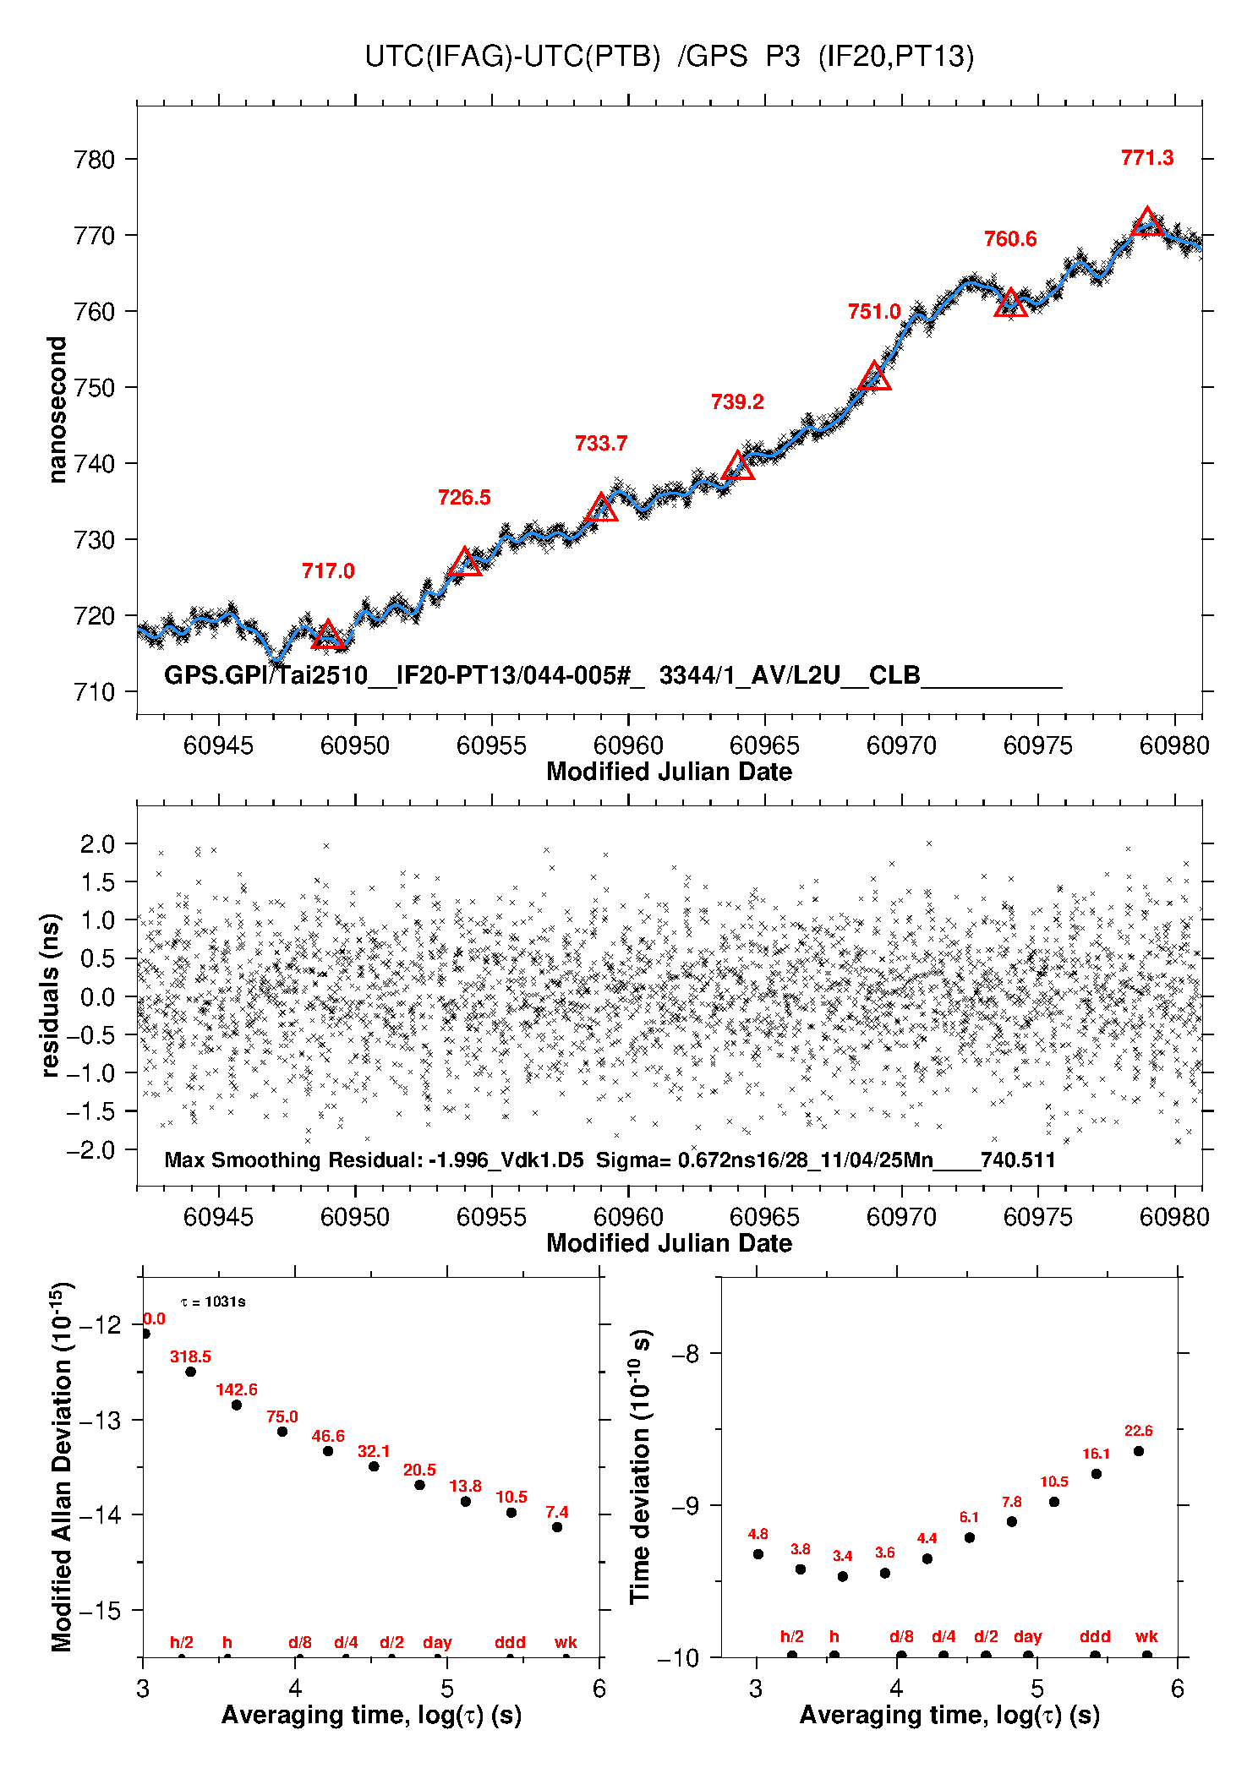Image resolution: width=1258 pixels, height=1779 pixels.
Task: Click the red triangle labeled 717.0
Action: (328, 636)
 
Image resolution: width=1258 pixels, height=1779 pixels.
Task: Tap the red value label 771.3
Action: (1147, 158)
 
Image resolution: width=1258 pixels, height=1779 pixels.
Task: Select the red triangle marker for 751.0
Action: (874, 377)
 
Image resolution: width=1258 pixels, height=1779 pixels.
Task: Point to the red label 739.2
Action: (737, 402)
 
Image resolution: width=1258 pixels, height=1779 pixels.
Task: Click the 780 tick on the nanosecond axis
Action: (95, 160)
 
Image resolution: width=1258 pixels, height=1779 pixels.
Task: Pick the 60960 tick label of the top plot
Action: (628, 745)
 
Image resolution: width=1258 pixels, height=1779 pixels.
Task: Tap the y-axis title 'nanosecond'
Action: (57, 410)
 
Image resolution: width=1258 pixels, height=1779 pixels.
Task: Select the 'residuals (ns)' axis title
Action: (51, 995)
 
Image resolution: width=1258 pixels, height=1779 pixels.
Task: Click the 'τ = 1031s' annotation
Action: (213, 1302)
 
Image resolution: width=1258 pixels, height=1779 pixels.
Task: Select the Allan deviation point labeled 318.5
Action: (191, 1372)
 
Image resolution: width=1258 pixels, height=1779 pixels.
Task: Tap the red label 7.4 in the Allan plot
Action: (556, 1512)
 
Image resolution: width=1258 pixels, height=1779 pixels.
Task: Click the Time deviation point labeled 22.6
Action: (1139, 1451)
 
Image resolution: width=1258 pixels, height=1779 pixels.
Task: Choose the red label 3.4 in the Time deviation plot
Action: (842, 1556)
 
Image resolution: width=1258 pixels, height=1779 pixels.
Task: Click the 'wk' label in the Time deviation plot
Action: (1146, 1637)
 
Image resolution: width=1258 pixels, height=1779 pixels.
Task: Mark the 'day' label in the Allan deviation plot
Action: (437, 1642)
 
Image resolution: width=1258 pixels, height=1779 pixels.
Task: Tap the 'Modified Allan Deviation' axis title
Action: (61, 1466)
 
